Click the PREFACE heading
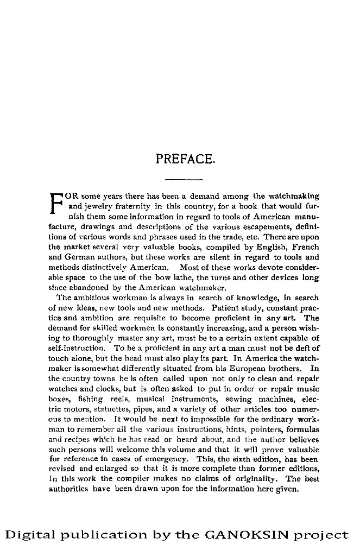click(x=186, y=159)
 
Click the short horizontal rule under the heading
click(x=183, y=179)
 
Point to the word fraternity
click(x=131, y=207)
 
